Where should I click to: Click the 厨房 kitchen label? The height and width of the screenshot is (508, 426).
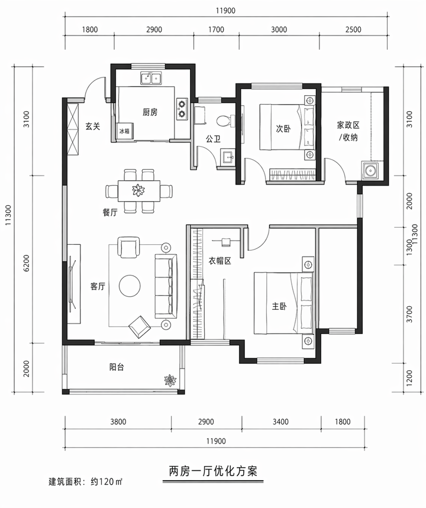(x=150, y=112)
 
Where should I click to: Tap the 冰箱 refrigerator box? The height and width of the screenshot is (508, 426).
(x=124, y=131)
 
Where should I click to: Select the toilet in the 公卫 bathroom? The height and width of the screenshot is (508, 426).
(x=223, y=121)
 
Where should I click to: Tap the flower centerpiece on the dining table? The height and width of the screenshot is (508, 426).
(x=138, y=190)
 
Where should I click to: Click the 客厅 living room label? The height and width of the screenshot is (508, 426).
(x=98, y=286)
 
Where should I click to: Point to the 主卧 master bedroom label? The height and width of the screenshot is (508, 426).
(x=279, y=306)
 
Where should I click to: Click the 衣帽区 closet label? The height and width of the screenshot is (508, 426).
(x=220, y=261)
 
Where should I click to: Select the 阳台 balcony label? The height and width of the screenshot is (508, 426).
(x=117, y=367)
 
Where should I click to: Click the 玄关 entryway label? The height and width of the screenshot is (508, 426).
(x=91, y=125)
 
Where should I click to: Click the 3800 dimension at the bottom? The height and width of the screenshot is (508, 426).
(x=118, y=422)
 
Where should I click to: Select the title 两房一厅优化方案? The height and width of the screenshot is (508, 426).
(x=210, y=471)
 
